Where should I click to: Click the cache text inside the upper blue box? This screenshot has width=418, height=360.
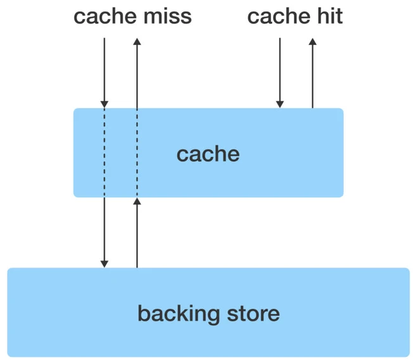tap(208, 153)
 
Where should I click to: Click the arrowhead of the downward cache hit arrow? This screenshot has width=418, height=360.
tap(280, 104)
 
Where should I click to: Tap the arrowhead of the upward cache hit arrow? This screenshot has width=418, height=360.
tap(312, 42)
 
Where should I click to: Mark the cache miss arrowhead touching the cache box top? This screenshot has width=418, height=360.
tap(105, 104)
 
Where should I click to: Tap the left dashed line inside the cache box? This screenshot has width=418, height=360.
tap(105, 152)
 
